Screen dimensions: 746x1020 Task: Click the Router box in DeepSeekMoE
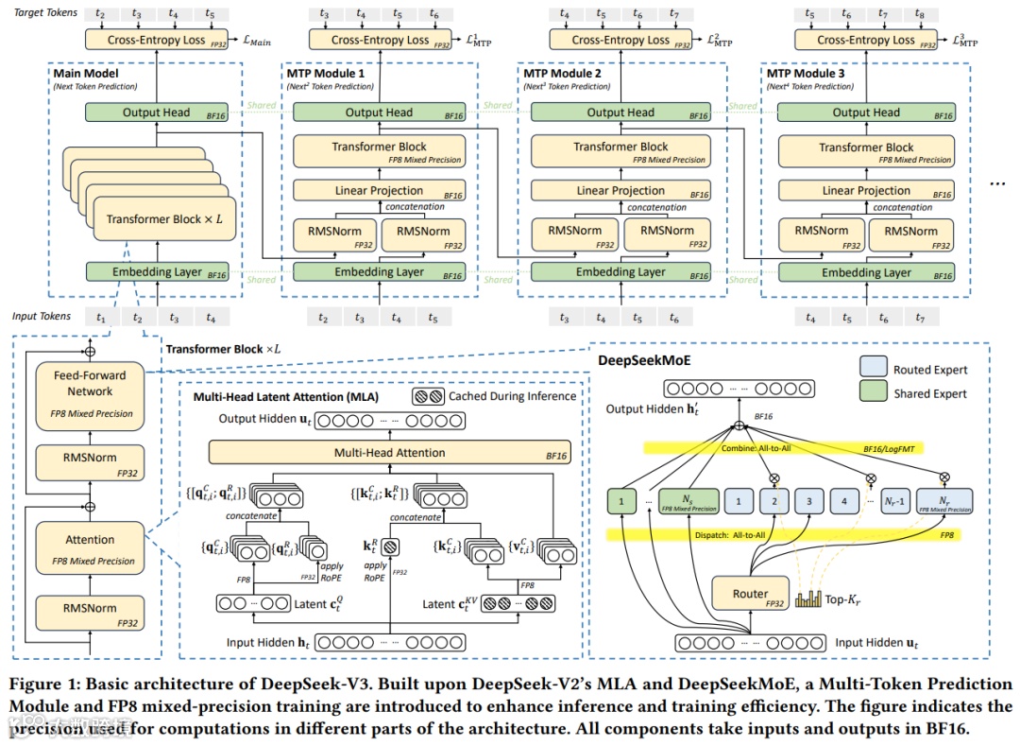(751, 594)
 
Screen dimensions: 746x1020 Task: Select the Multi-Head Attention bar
(389, 453)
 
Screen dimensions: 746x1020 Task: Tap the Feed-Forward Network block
(90, 392)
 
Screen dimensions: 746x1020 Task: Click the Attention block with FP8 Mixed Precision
(90, 548)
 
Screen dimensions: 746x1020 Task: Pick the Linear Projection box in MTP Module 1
(379, 190)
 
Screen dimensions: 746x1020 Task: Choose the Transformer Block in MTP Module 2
(620, 151)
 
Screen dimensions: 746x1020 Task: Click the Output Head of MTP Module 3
(866, 113)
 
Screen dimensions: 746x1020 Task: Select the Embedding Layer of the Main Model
(147, 272)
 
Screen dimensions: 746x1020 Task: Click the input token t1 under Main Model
(102, 318)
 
